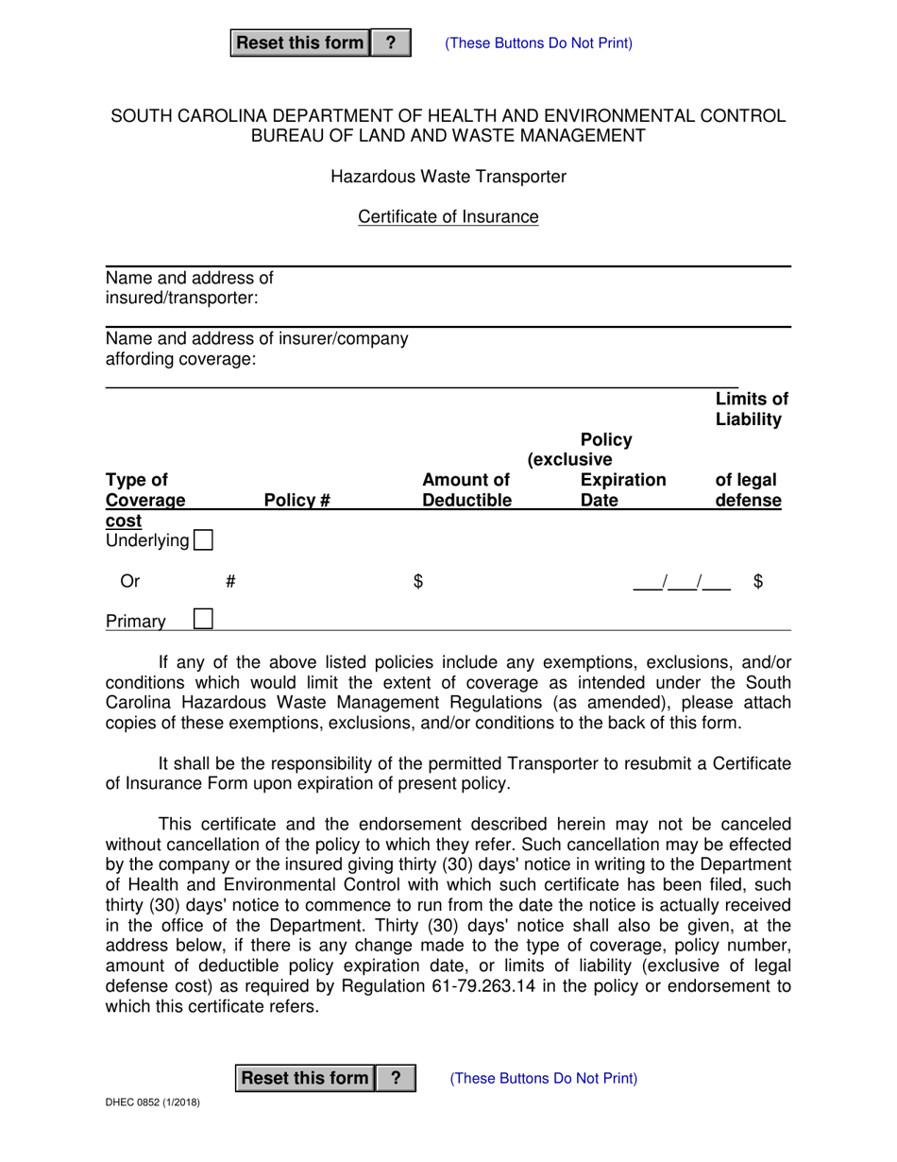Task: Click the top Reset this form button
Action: (x=299, y=43)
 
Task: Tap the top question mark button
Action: (x=391, y=43)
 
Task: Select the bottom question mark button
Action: (x=396, y=1078)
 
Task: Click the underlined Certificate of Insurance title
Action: (x=448, y=217)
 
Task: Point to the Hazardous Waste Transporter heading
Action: (x=448, y=177)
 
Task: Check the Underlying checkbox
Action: (x=202, y=540)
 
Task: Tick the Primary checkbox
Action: (x=202, y=619)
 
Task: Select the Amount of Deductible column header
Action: (x=466, y=490)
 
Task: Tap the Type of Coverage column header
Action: (x=144, y=490)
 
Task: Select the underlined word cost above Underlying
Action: (x=124, y=521)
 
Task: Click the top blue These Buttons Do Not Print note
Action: (x=538, y=43)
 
